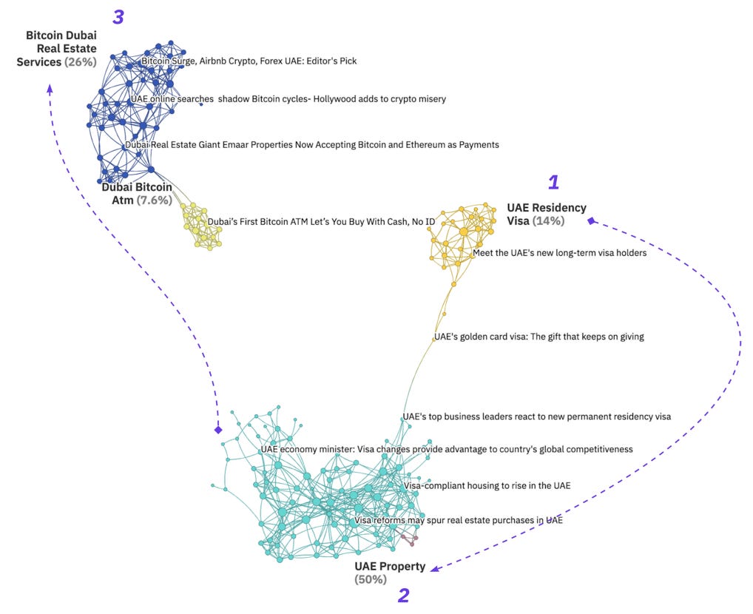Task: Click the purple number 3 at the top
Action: click(x=118, y=18)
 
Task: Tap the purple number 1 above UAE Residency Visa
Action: click(x=553, y=182)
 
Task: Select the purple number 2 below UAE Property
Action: click(x=403, y=596)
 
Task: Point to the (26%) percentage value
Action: click(x=81, y=62)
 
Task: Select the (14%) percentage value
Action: click(x=548, y=220)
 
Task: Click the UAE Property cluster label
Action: click(x=390, y=567)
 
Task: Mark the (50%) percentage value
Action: click(x=371, y=579)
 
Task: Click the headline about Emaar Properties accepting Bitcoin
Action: click(x=312, y=145)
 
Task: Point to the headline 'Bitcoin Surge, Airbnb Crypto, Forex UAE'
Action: click(x=249, y=61)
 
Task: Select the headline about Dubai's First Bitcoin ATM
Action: click(x=321, y=221)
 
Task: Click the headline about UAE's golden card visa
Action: click(x=539, y=337)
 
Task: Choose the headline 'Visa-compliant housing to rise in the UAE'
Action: click(x=487, y=485)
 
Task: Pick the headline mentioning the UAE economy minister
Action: click(x=447, y=449)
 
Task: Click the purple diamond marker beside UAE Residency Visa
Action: click(x=590, y=220)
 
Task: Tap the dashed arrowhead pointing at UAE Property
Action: click(x=435, y=568)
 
